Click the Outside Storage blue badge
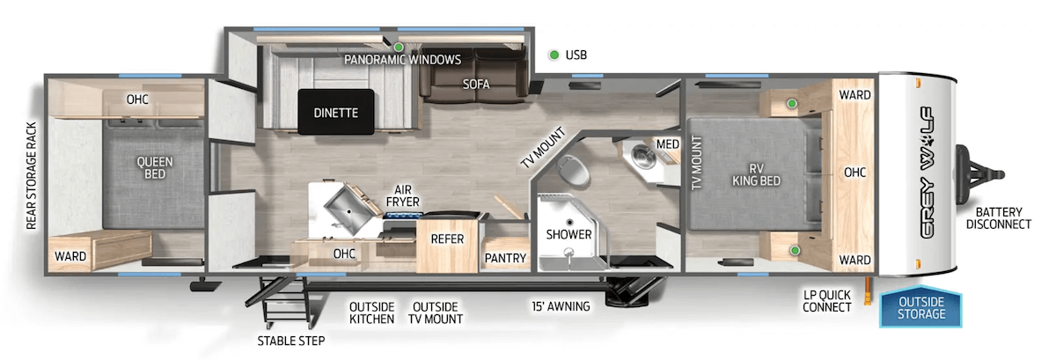[x=921, y=308]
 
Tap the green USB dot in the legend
[x=554, y=55]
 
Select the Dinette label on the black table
[x=335, y=113]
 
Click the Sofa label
[x=476, y=84]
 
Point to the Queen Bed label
[x=154, y=167]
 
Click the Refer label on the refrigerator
[x=446, y=238]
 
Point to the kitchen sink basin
[x=343, y=209]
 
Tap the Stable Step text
[x=290, y=341]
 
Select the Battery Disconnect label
[x=998, y=217]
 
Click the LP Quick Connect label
[x=827, y=301]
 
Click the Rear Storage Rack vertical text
[x=31, y=176]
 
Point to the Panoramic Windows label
[x=402, y=60]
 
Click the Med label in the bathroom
[x=666, y=143]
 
